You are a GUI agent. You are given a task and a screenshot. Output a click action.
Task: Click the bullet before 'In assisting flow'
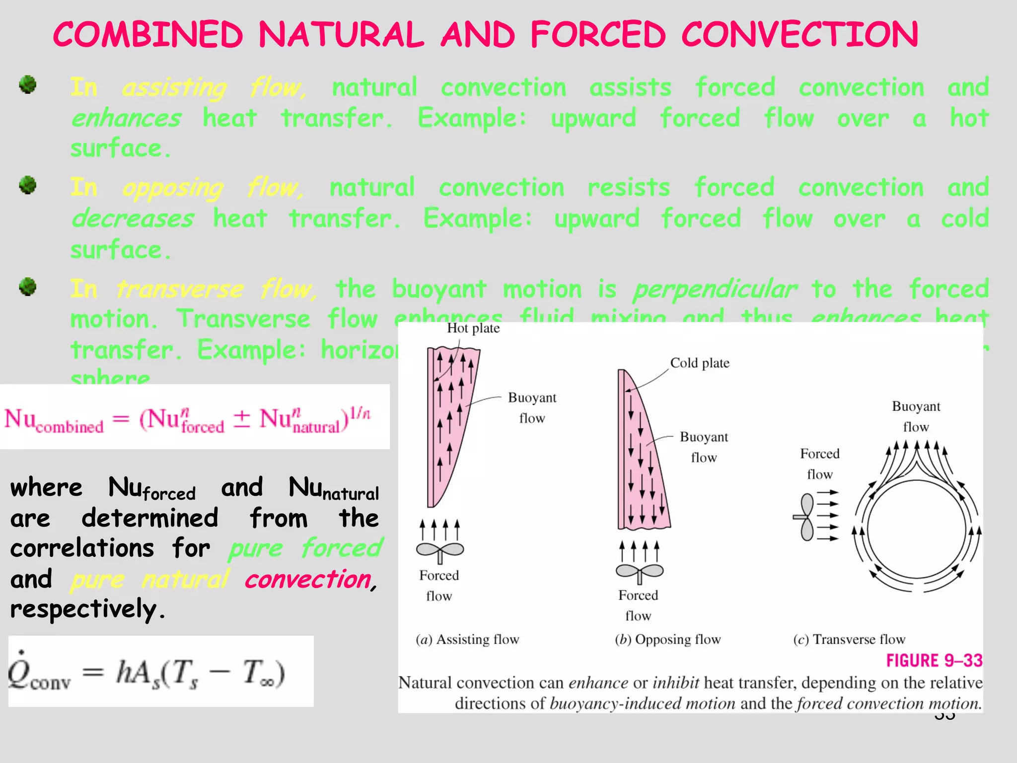[28, 84]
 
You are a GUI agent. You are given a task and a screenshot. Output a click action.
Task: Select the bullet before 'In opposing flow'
[28, 185]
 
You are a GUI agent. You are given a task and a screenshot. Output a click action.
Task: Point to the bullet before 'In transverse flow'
[28, 287]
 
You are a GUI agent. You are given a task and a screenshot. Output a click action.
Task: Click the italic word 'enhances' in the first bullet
[126, 119]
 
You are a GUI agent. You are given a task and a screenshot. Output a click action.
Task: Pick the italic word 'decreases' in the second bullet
[133, 219]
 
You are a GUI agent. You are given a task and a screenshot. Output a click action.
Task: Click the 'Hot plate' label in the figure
[473, 328]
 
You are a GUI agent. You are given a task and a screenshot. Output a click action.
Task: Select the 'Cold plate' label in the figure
[700, 363]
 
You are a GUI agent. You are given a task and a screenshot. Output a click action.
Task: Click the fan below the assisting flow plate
[440, 550]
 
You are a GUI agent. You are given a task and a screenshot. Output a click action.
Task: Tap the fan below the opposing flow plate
[639, 572]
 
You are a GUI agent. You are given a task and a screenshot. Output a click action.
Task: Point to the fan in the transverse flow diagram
[805, 517]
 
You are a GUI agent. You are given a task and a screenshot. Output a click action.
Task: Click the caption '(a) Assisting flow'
[467, 639]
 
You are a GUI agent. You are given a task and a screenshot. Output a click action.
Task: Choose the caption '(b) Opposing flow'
[667, 639]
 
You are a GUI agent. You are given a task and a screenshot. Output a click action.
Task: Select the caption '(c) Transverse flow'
[849, 639]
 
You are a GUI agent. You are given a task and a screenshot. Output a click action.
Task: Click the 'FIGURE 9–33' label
[934, 661]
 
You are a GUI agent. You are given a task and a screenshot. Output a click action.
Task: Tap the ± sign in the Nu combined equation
[242, 419]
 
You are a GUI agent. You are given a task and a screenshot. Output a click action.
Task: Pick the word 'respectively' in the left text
[83, 610]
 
